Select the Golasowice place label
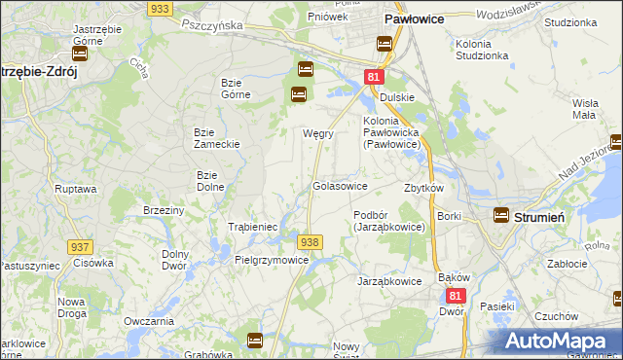pyautogui.click(x=340, y=185)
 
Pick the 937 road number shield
pyautogui.click(x=81, y=248)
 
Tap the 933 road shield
pyautogui.click(x=161, y=8)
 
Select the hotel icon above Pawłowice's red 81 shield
pyautogui.click(x=384, y=44)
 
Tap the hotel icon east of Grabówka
pyautogui.click(x=255, y=341)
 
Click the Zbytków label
pyautogui.click(x=423, y=188)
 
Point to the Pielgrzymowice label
pyautogui.click(x=272, y=261)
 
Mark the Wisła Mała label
pyautogui.click(x=584, y=108)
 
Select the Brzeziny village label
pyautogui.click(x=164, y=210)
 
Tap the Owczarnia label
pyautogui.click(x=149, y=320)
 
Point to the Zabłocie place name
pyautogui.click(x=567, y=261)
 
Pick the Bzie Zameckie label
pyautogui.click(x=217, y=137)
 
